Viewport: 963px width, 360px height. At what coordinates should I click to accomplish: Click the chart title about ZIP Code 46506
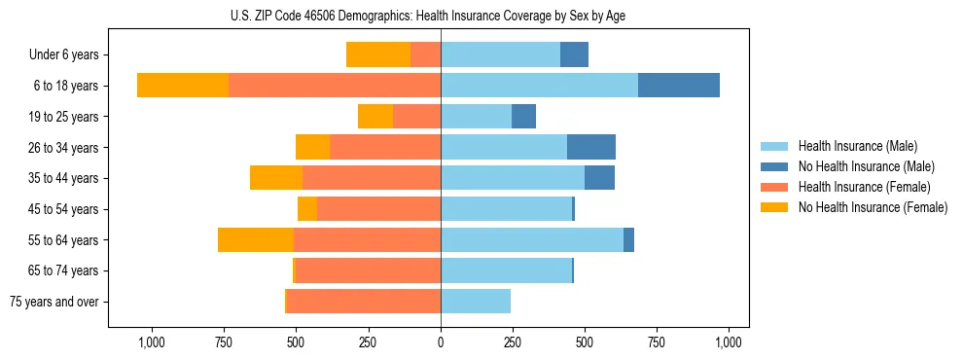(441, 16)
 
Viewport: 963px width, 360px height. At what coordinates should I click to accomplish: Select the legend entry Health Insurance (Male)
(857, 146)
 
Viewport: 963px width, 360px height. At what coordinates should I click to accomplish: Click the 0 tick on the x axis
(441, 342)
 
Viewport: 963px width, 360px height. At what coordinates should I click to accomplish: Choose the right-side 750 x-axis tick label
(657, 342)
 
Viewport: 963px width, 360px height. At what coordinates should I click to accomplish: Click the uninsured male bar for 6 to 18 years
(679, 86)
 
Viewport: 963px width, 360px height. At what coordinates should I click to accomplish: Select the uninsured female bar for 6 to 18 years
(183, 86)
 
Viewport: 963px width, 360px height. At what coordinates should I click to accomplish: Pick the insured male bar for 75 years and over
(476, 302)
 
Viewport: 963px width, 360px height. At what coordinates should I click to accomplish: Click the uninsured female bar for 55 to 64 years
(256, 240)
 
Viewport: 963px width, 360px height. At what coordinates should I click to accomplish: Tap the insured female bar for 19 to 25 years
(416, 117)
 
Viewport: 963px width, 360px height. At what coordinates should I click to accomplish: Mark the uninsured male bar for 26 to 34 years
(591, 147)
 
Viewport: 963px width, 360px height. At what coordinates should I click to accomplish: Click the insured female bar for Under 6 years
(425, 54)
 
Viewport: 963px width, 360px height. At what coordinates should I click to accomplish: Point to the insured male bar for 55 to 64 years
(532, 240)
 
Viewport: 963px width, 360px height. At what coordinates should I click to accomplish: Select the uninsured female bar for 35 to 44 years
(276, 178)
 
